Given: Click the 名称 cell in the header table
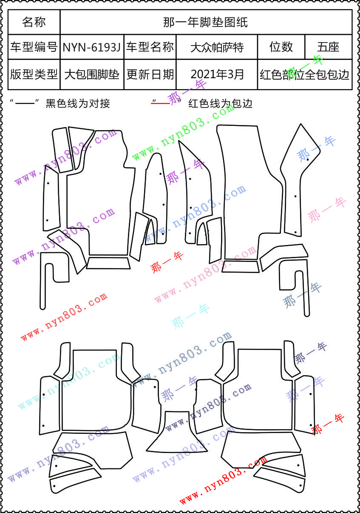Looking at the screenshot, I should pyautogui.click(x=34, y=22).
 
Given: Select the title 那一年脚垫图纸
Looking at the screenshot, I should pyautogui.click(x=206, y=22).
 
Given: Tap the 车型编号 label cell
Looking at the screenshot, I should pyautogui.click(x=34, y=47).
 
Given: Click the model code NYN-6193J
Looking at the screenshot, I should pyautogui.click(x=92, y=47).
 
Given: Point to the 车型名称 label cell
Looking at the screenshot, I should pyautogui.click(x=150, y=47).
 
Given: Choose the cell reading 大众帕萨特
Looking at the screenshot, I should pyautogui.click(x=217, y=47).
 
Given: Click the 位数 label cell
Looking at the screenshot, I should pyautogui.click(x=281, y=47).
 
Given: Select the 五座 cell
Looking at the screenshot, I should pyautogui.click(x=328, y=47).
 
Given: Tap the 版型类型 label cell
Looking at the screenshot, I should pyautogui.click(x=34, y=75).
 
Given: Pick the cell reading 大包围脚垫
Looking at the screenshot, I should pyautogui.click(x=92, y=75).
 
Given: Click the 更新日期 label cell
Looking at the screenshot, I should pyautogui.click(x=150, y=75).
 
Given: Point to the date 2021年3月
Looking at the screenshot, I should pyautogui.click(x=217, y=75).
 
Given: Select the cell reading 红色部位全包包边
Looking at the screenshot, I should pyautogui.click(x=305, y=75).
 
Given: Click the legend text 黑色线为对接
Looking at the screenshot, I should pyautogui.click(x=78, y=103).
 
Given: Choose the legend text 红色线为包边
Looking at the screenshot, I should pyautogui.click(x=221, y=103).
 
